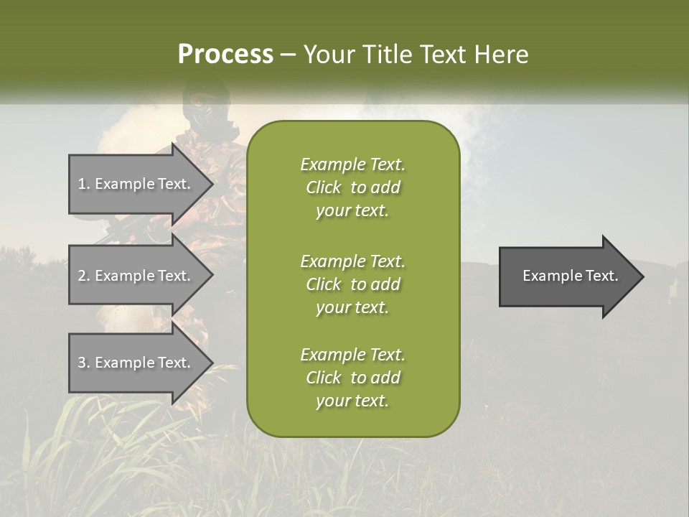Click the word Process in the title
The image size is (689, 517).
[x=225, y=55]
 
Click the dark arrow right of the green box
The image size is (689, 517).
[x=567, y=276]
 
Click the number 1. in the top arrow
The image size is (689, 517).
[x=83, y=184]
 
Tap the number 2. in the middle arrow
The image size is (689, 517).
[x=83, y=276]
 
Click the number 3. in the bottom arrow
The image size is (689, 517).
[x=83, y=363]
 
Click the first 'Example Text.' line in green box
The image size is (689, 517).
[x=352, y=164]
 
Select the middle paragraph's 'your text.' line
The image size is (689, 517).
[x=352, y=307]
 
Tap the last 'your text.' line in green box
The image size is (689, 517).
[x=352, y=401]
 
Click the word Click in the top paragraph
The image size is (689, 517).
[x=323, y=187]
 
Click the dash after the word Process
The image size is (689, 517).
[x=288, y=55]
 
